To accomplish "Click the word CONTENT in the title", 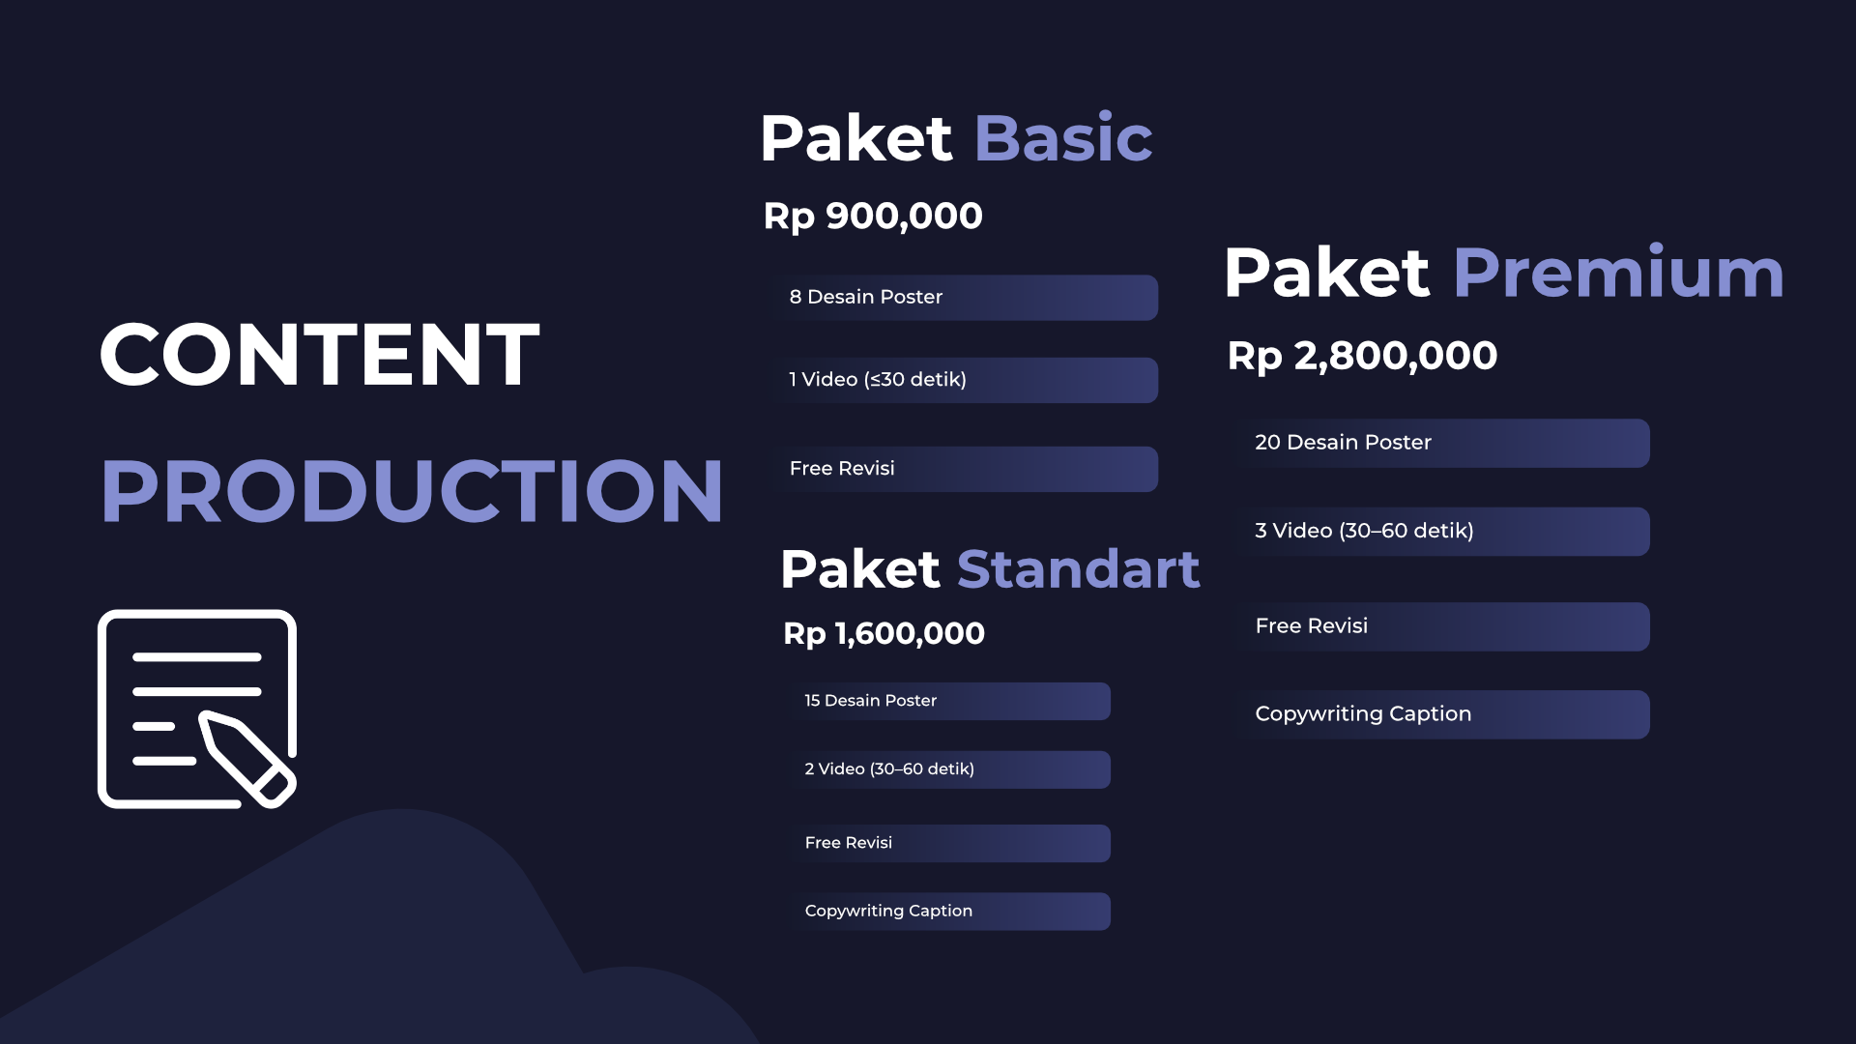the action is [x=319, y=355].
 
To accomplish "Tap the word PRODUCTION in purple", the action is [x=412, y=491].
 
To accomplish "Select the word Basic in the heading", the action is [x=1063, y=138].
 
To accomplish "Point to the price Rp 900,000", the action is [x=873, y=217].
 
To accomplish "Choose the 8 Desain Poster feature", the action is [x=866, y=297].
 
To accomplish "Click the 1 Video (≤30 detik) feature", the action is [x=878, y=379].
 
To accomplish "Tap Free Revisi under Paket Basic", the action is [x=842, y=468].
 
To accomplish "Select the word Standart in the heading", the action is [x=1079, y=568].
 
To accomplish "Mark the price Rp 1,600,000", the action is [x=884, y=634].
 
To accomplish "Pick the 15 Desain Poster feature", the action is [x=871, y=700].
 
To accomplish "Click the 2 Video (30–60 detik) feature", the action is [x=889, y=768].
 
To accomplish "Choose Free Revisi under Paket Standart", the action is [x=849, y=842].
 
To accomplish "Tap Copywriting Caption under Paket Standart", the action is [x=888, y=911].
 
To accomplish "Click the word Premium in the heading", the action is [x=1618, y=274].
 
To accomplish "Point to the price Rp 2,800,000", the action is [x=1362, y=356].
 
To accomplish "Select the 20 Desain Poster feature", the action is [x=1343, y=442].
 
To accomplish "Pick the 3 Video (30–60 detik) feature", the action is [x=1364, y=531].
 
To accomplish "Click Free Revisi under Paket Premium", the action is [x=1312, y=625].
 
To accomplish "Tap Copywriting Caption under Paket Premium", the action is [x=1363, y=714].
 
